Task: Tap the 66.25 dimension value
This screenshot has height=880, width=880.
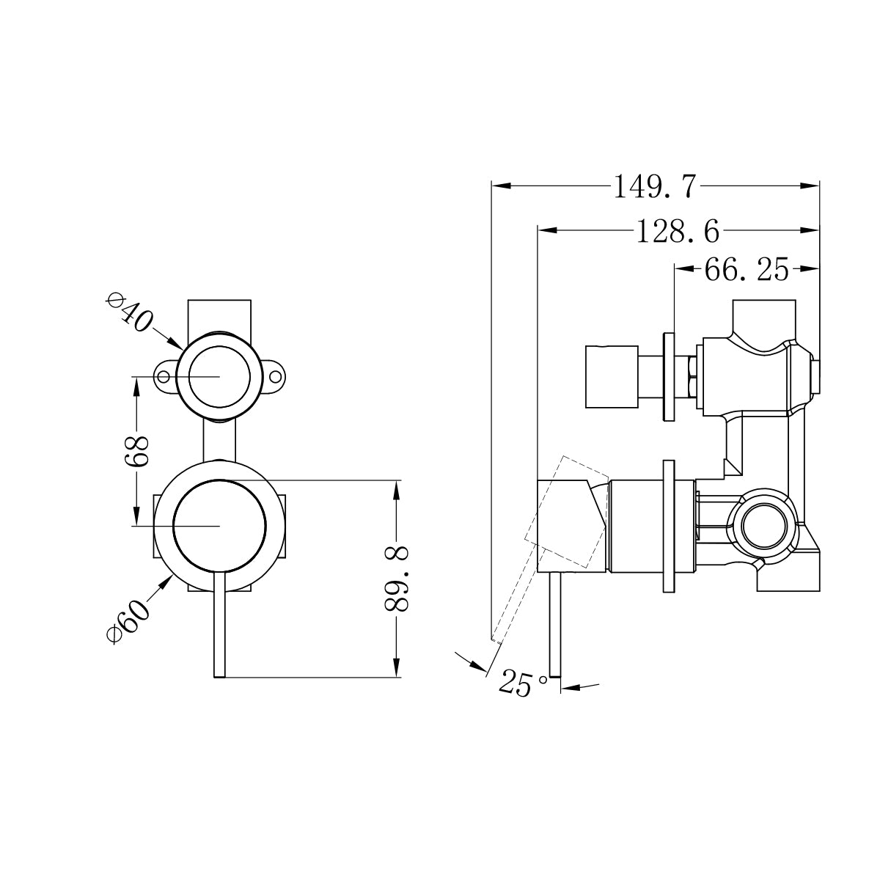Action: (x=746, y=271)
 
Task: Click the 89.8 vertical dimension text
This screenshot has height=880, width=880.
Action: (x=397, y=579)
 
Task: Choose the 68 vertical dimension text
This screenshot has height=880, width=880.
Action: (x=137, y=451)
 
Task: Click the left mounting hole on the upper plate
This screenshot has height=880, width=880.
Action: (x=164, y=376)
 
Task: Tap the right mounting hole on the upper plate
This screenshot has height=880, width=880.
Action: (x=276, y=376)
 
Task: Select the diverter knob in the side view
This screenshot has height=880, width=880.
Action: (x=610, y=376)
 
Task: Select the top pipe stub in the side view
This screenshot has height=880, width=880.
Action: (x=763, y=317)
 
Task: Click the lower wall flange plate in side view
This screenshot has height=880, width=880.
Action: (x=668, y=526)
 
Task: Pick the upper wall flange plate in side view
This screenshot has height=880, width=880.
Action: (x=669, y=377)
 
